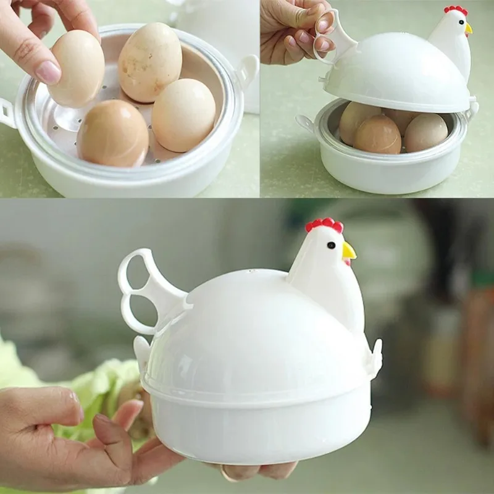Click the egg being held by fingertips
(77, 68)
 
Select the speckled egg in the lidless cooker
(150, 62)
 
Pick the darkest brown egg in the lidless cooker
(112, 133)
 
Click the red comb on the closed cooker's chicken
(324, 225)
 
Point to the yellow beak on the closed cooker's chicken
(349, 250)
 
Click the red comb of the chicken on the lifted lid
(456, 10)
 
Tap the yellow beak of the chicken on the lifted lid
(469, 28)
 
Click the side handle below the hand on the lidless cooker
(6, 114)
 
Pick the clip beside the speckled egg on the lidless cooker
(248, 69)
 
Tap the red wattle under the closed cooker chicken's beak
(346, 262)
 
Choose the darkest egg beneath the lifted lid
(377, 135)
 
